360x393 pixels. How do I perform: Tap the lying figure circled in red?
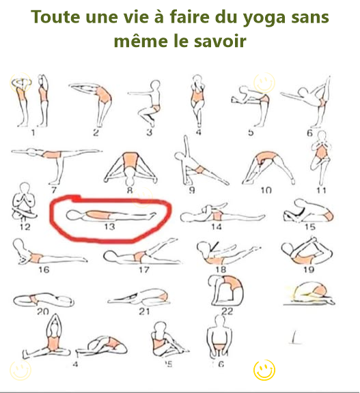tap(112, 215)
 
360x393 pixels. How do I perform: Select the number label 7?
tap(53, 189)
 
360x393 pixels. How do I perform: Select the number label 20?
tap(42, 311)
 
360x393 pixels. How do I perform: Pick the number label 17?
tap(144, 270)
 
